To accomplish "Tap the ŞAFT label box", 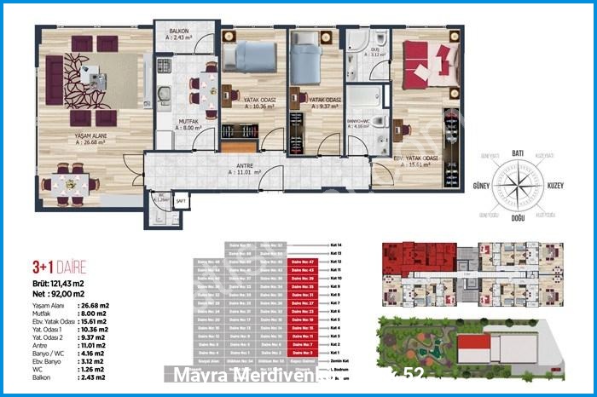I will point(181,201).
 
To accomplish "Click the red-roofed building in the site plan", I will point(474,347).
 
